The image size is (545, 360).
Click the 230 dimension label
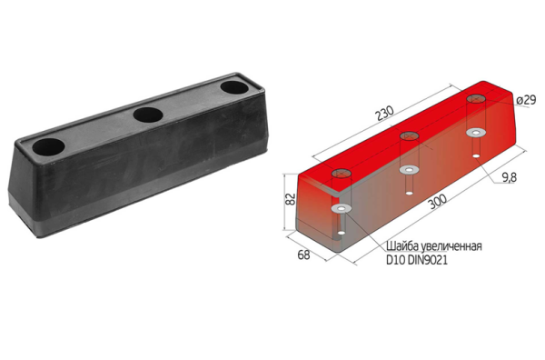pyautogui.click(x=386, y=113)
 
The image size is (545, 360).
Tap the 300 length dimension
pyautogui.click(x=437, y=202)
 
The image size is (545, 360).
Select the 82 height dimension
pyautogui.click(x=291, y=198)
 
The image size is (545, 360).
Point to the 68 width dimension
pyautogui.click(x=303, y=255)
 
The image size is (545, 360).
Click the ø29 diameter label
pyautogui.click(x=526, y=100)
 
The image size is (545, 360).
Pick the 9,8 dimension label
pyautogui.click(x=509, y=177)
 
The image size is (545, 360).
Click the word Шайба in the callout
pyautogui.click(x=402, y=246)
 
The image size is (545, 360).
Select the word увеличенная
pyautogui.click(x=451, y=246)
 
